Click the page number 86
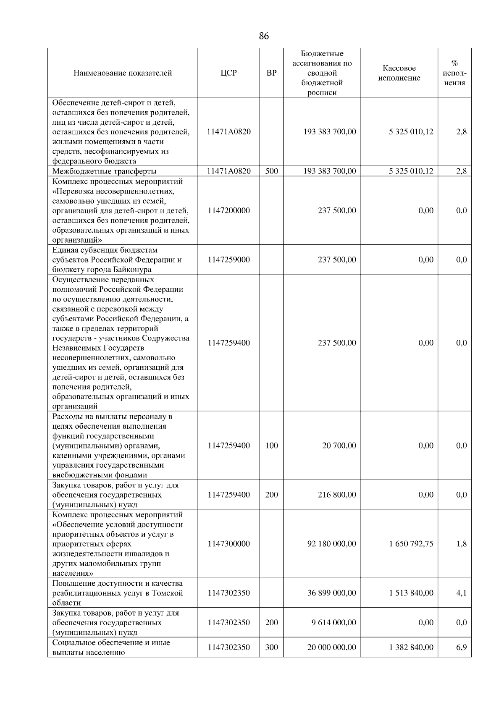pyautogui.click(x=263, y=36)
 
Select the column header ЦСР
pyautogui.click(x=228, y=73)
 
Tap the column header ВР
pyautogui.click(x=272, y=73)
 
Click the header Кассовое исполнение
pyautogui.click(x=399, y=73)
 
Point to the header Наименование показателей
pyautogui.click(x=123, y=73)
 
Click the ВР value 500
pyautogui.click(x=272, y=171)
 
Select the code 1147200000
pyautogui.click(x=228, y=210)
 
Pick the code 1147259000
pyautogui.click(x=228, y=260)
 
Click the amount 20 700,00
pyautogui.click(x=339, y=446)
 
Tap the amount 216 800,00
pyautogui.click(x=337, y=495)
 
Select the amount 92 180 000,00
pyautogui.click(x=332, y=544)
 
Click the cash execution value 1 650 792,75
pyautogui.click(x=411, y=544)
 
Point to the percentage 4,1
pyautogui.click(x=461, y=593)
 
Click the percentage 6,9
pyautogui.click(x=461, y=647)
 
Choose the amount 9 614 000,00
pyautogui.click(x=333, y=622)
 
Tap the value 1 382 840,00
pyautogui.click(x=411, y=647)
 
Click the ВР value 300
pyautogui.click(x=272, y=647)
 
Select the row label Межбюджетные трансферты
pyautogui.click(x=104, y=171)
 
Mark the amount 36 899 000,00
pyautogui.click(x=332, y=593)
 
